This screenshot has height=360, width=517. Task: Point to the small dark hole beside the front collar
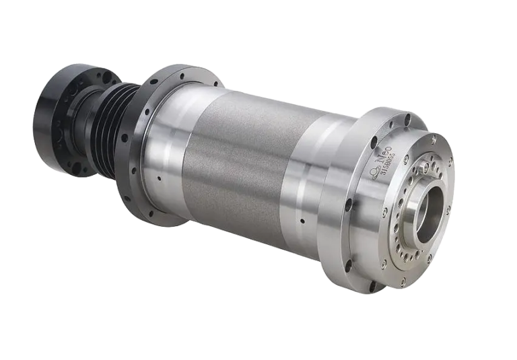302,220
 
